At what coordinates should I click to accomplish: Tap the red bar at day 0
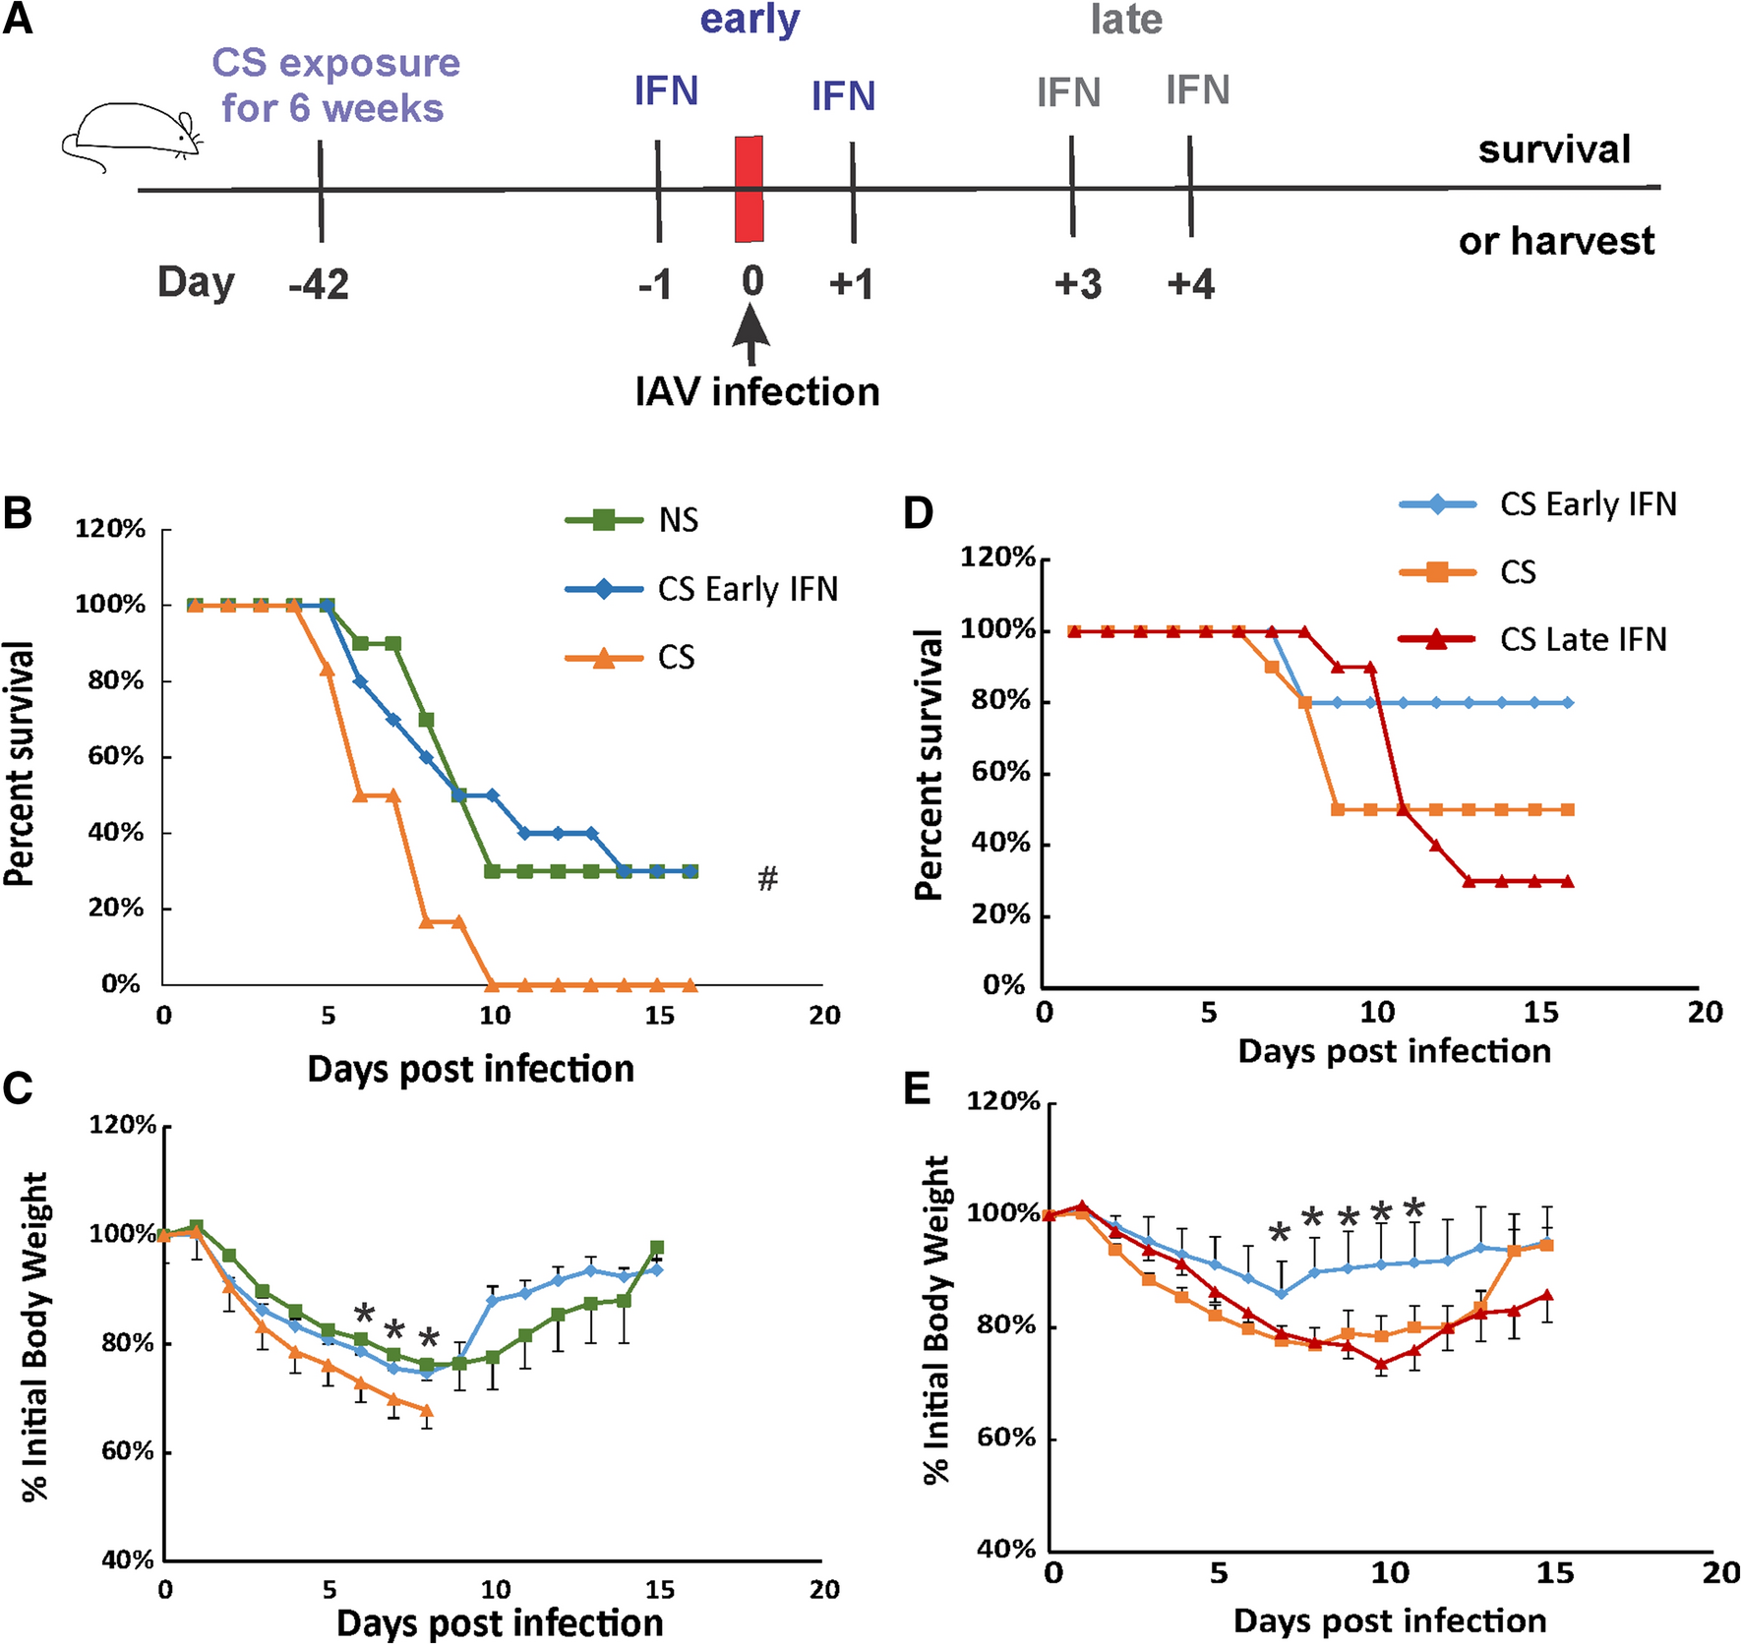(749, 189)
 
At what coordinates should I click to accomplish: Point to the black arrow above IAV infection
(750, 334)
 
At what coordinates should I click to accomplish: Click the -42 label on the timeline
(319, 284)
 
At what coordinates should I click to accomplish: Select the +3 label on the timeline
(1078, 284)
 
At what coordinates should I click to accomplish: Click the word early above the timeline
(750, 21)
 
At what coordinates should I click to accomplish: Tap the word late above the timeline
(1126, 21)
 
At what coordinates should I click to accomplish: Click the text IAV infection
(757, 391)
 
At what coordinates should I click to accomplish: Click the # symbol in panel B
(767, 877)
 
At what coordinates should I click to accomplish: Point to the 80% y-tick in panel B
(116, 680)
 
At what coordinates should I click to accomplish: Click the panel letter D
(918, 513)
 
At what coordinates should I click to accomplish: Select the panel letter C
(18, 1088)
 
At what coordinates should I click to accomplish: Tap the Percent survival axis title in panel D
(928, 765)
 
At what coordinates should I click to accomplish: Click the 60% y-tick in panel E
(1006, 1438)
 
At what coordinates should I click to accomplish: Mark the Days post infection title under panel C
(500, 1622)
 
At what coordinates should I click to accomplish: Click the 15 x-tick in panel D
(1540, 1012)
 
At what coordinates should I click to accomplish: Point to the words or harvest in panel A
(1556, 241)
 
